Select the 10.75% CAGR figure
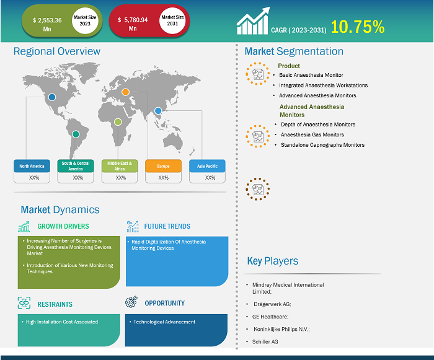click(357, 27)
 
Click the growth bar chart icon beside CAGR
click(253, 22)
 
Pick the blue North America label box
click(31, 166)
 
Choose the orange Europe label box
click(163, 166)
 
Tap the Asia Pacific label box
click(207, 166)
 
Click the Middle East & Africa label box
click(119, 166)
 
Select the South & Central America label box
click(75, 166)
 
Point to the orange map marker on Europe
click(125, 92)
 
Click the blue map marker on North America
click(52, 97)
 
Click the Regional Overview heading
click(57, 51)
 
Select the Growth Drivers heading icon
click(24, 226)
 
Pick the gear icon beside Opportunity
click(131, 302)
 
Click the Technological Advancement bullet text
click(164, 322)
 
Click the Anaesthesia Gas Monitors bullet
click(312, 134)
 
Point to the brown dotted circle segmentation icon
click(256, 188)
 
